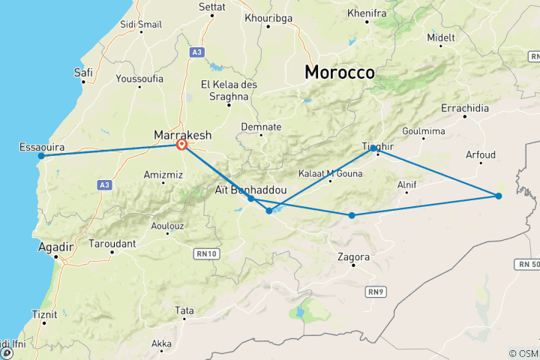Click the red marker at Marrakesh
(181, 145)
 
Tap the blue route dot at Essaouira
(41, 156)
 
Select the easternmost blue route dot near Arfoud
(499, 196)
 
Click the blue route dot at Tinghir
(373, 148)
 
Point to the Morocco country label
(339, 73)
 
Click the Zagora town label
(355, 256)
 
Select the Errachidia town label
(465, 109)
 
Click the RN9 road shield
(376, 291)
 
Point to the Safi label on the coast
(83, 72)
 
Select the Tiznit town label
(44, 313)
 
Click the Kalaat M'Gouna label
(330, 174)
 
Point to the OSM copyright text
(523, 353)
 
